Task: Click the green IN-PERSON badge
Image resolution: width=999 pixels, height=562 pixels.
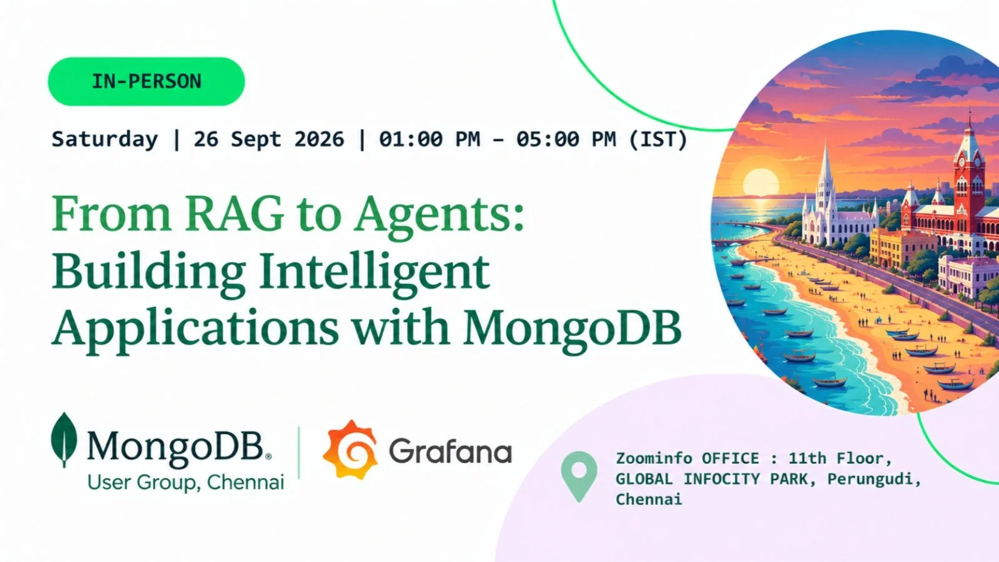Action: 146,82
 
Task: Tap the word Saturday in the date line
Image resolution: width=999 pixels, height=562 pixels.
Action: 105,139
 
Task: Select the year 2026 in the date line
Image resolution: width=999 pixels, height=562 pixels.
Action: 319,139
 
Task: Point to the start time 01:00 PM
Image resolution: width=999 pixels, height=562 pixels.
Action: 430,139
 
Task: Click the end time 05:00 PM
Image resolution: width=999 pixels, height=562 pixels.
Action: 566,139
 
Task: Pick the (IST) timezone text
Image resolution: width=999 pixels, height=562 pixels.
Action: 658,139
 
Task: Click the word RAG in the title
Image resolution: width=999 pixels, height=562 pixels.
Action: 235,214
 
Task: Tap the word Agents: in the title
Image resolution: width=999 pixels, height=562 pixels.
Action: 440,216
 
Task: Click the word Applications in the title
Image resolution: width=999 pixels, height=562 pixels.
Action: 195,328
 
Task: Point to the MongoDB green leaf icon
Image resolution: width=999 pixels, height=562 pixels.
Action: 64,440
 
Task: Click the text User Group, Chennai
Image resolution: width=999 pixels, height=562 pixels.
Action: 185,482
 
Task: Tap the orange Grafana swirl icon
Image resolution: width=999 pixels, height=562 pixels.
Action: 350,450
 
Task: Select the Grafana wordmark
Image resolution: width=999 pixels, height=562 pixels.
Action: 450,451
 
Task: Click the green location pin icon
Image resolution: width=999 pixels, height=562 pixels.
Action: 579,476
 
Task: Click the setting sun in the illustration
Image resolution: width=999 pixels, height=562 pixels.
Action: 761,182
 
